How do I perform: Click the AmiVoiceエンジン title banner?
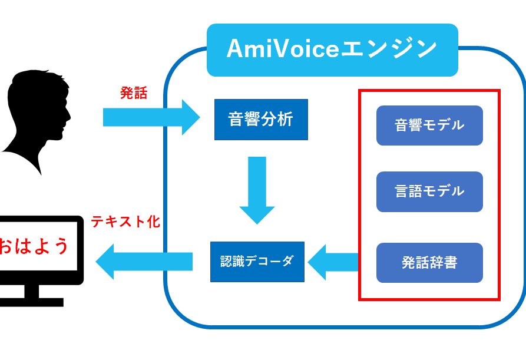point(332,50)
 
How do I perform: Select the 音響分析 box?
point(261,120)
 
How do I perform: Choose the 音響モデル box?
point(429,125)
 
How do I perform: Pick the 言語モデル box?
point(429,191)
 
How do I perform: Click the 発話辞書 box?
point(429,263)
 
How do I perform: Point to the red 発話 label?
point(134,93)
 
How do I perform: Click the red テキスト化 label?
point(125,222)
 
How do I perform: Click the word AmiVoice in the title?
point(283,50)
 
